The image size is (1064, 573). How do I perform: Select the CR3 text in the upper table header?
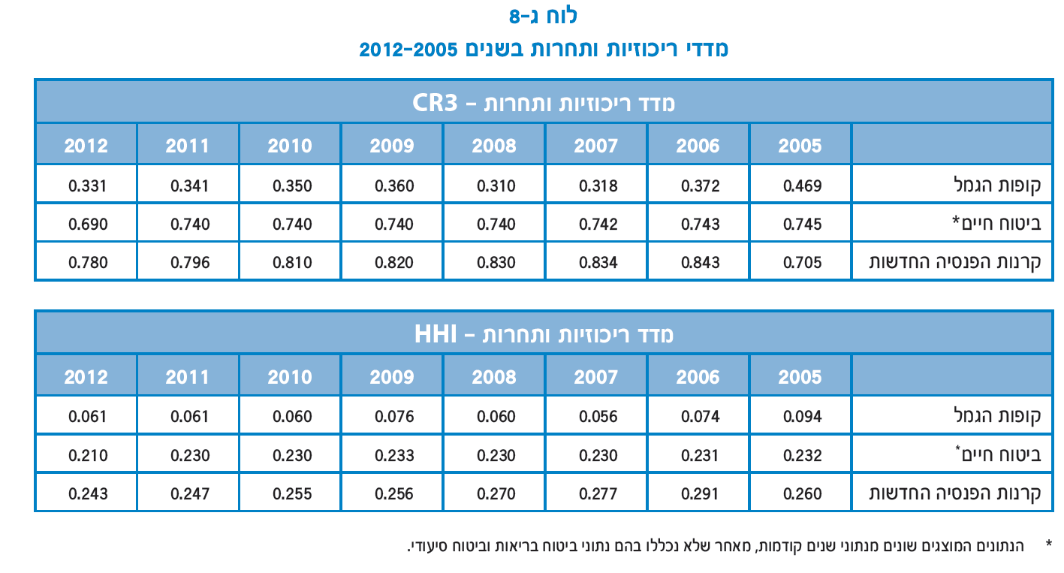click(x=435, y=102)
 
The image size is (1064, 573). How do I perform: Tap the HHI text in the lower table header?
click(x=435, y=333)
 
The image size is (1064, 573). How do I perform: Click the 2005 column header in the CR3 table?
click(x=800, y=146)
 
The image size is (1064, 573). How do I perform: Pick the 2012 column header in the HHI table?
click(x=86, y=377)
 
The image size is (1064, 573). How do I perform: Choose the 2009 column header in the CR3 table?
click(x=391, y=146)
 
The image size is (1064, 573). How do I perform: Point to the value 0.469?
click(x=802, y=185)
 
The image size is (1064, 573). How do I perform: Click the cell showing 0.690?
click(x=88, y=224)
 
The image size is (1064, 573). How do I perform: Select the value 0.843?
click(x=700, y=263)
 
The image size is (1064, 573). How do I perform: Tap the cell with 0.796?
click(x=190, y=263)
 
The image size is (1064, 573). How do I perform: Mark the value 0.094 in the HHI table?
click(x=802, y=416)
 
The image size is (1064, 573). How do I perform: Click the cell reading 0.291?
click(x=700, y=494)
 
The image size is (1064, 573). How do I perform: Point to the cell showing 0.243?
click(x=88, y=494)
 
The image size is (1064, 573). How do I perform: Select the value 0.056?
click(x=598, y=416)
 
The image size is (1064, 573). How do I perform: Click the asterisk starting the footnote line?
click(x=1048, y=542)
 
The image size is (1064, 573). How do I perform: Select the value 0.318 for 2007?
click(x=598, y=185)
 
